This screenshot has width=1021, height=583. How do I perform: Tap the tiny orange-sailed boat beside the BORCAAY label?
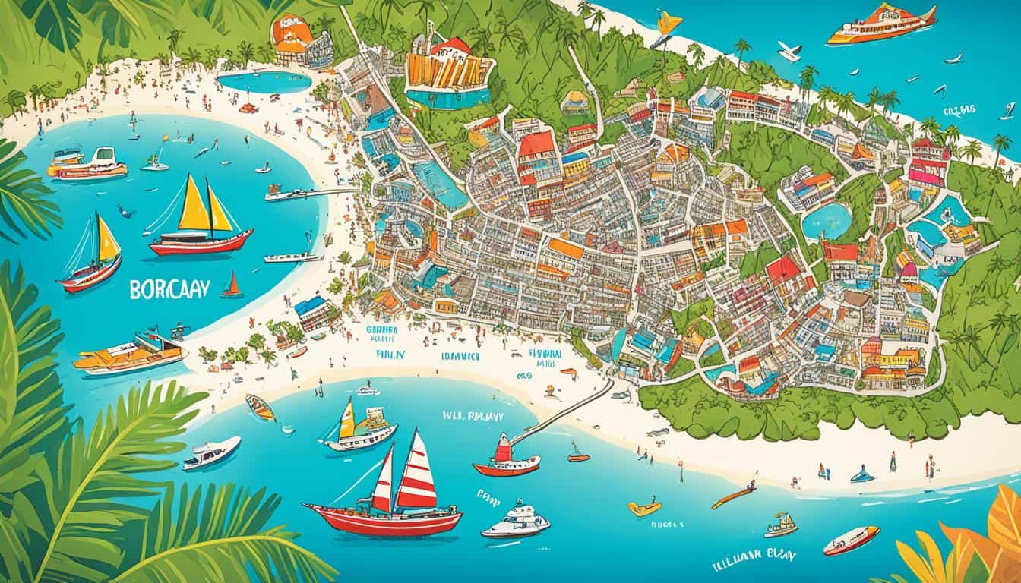tap(232, 285)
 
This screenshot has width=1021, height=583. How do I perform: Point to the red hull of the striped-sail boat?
tap(383, 520)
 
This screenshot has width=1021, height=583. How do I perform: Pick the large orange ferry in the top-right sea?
tap(881, 24)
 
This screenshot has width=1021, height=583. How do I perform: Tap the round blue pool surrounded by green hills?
tap(827, 220)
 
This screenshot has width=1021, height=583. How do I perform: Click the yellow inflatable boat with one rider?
tap(644, 508)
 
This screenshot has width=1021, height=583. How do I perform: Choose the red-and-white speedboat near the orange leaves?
tap(851, 540)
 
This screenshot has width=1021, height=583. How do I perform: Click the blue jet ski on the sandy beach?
tap(862, 475)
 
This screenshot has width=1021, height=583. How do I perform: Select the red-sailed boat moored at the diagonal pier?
tap(506, 456)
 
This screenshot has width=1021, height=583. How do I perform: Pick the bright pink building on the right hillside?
tap(928, 172)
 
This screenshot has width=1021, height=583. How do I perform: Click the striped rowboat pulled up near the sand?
tap(261, 408)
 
